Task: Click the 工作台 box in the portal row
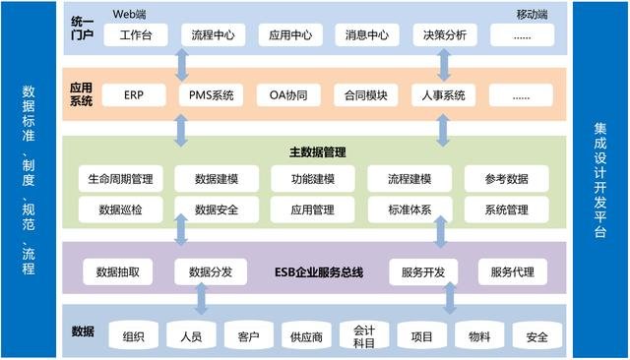[x=135, y=35]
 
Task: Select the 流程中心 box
[x=212, y=35]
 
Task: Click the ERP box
[x=135, y=95]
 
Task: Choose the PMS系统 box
[x=212, y=95]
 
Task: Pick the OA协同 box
[x=288, y=95]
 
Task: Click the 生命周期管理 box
[x=120, y=179]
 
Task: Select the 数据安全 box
[x=213, y=210]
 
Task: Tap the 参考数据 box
[x=505, y=179]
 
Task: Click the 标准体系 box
[x=408, y=210]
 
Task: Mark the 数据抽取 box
[x=117, y=271]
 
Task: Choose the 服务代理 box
[x=512, y=271]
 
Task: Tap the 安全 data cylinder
[x=537, y=337]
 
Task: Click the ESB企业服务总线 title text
[x=317, y=271]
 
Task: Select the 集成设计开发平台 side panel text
[x=600, y=180]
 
